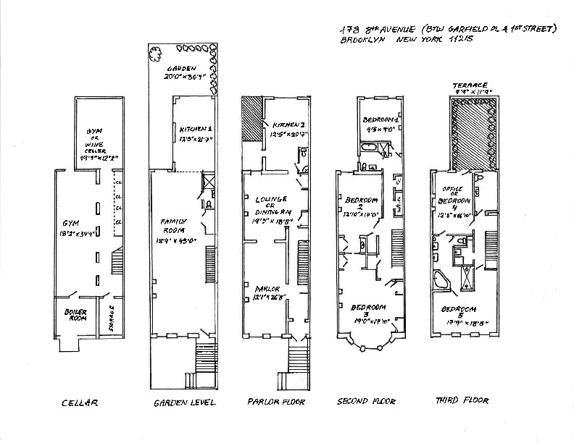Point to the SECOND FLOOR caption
367,400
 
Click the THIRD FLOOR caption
461,400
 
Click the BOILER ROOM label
75,316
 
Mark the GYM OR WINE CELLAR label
95,139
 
